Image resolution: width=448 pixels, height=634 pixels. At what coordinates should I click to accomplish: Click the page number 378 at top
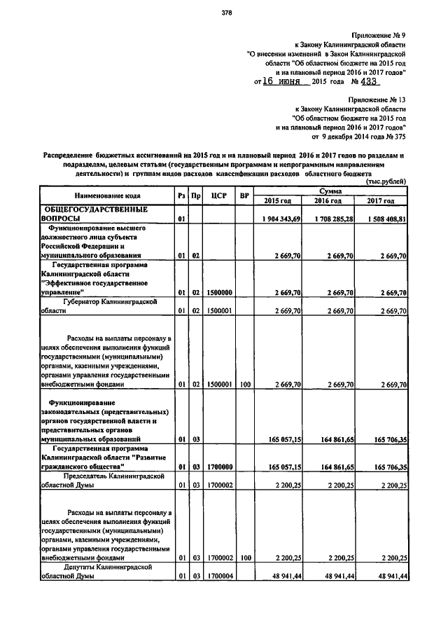coord(226,13)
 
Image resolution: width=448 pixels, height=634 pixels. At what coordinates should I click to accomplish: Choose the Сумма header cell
coord(331,191)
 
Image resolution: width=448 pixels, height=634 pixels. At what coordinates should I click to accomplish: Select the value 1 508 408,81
coord(384,219)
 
